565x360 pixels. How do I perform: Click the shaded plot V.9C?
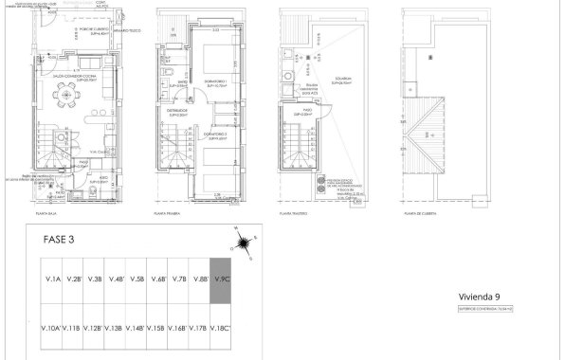click(x=222, y=279)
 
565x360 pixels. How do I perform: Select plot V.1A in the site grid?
click(x=52, y=279)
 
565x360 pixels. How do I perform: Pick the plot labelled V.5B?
click(x=137, y=279)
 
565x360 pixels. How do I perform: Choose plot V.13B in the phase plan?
click(x=115, y=328)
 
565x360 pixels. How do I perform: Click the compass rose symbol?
click(x=244, y=244)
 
